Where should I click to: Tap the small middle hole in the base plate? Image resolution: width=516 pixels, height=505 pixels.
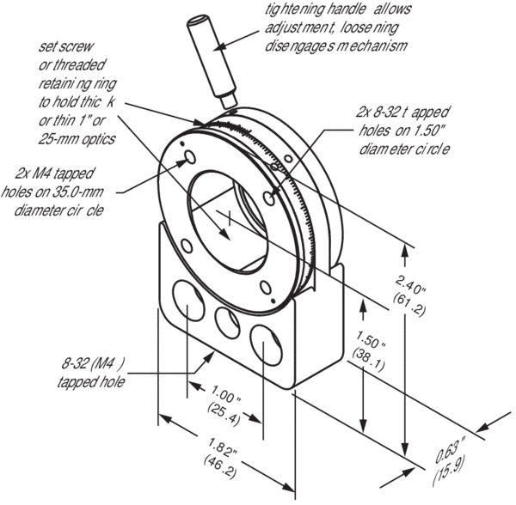click(228, 322)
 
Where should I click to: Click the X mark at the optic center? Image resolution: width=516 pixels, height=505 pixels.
click(230, 222)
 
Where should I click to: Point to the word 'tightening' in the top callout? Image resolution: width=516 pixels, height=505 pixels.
click(289, 9)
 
